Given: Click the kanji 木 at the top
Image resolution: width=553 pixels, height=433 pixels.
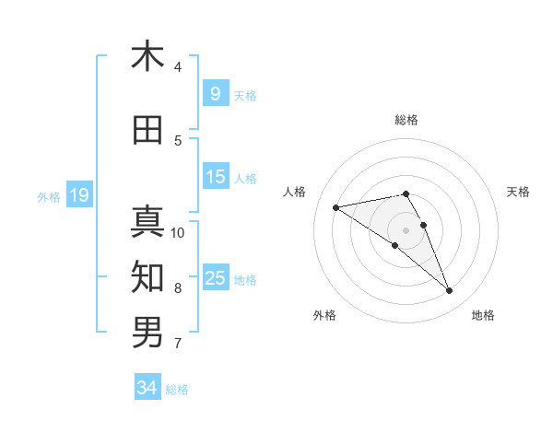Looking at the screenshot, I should pos(147,57).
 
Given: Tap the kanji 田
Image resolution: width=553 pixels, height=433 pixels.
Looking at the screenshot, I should pos(147,131).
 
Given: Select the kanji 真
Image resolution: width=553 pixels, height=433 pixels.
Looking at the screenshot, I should pos(147,221).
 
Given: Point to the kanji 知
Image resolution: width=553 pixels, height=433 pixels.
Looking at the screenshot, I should pos(147,275).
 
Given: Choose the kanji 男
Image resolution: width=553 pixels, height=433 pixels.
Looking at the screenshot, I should pos(147,331).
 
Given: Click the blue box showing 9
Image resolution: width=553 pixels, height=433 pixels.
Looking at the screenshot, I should pos(215,93).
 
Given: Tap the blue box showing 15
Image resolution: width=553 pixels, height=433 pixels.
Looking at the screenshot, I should pos(215,177).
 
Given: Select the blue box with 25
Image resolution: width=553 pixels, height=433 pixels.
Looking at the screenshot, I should pos(215,278).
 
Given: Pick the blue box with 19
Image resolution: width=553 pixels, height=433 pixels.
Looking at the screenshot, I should pos(78,194).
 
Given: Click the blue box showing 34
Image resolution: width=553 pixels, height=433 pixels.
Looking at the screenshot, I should pos(147,388).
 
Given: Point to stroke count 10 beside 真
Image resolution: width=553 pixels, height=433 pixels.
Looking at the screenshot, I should pos(178,232).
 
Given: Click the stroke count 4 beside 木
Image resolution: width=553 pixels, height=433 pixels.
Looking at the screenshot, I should pos(178,67).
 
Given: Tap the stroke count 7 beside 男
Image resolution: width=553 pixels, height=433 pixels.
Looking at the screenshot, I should pos(178,345).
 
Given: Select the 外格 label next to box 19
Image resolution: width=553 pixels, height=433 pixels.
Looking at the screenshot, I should pos(48,196).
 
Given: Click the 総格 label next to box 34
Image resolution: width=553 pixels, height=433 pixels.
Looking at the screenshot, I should pos(177,390).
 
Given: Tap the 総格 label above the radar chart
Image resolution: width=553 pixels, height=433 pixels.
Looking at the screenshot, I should pos(406,120).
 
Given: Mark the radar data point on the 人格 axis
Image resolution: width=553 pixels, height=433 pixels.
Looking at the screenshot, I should pos(336,207).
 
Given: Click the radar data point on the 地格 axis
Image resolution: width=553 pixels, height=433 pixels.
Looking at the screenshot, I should pos(450,291).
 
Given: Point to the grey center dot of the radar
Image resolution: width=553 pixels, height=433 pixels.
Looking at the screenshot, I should pos(406,229).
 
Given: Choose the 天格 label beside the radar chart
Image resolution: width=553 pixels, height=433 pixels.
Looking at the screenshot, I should pos(518,192).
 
